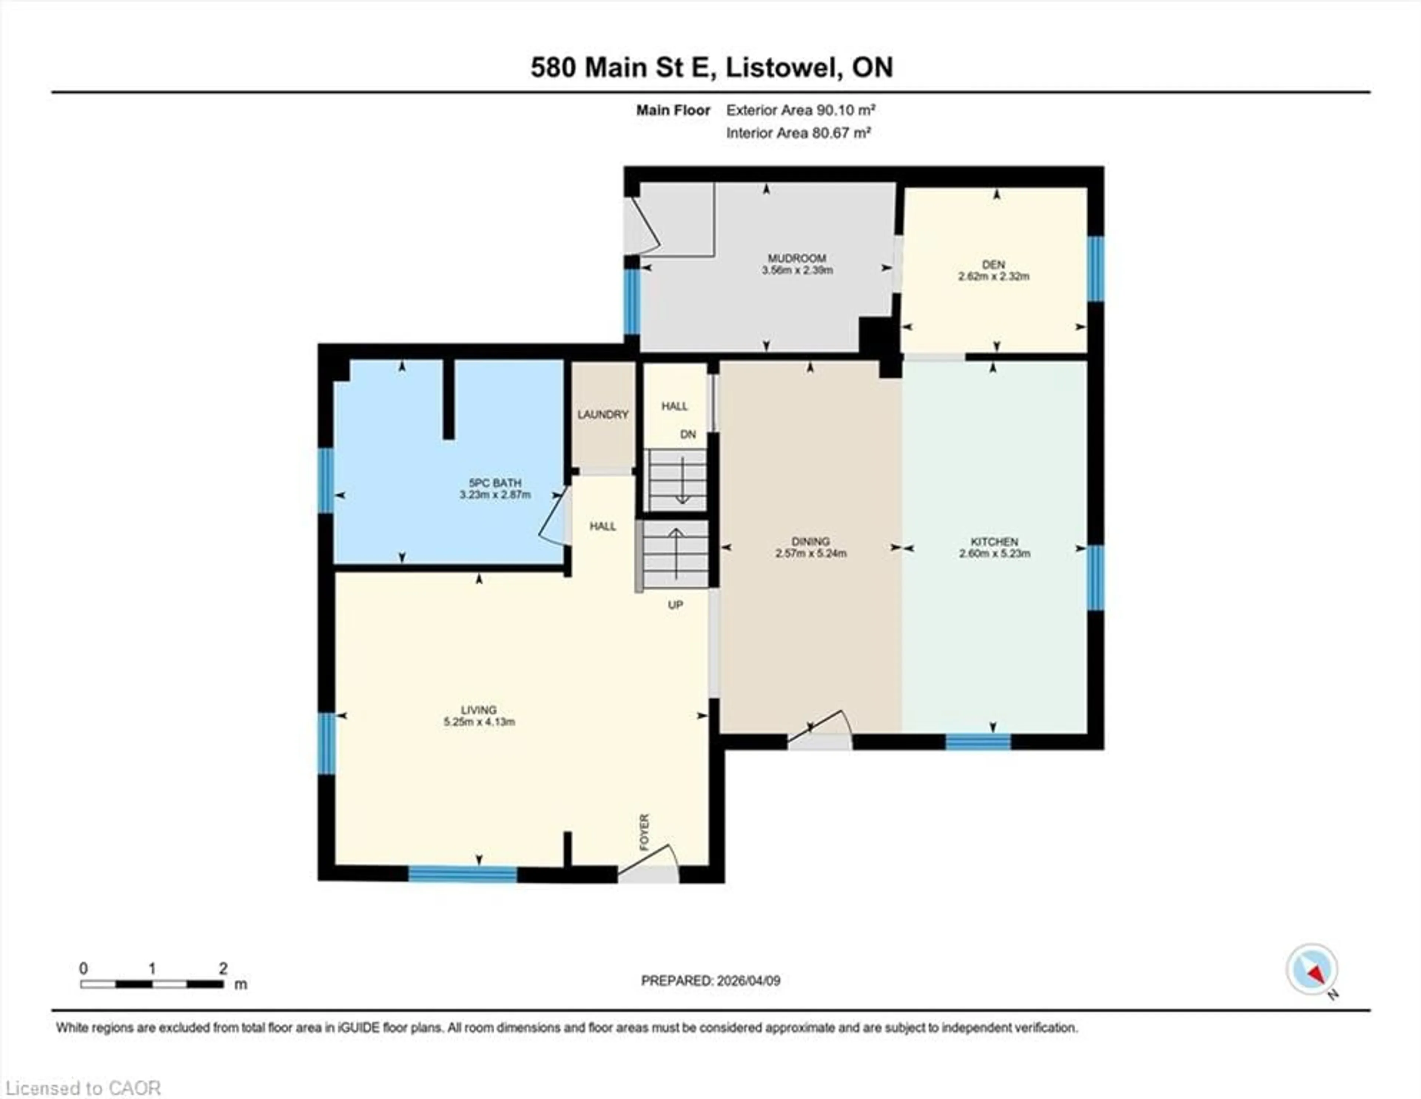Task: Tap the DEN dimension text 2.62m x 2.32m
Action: pos(994,276)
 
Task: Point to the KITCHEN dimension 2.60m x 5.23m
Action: pos(994,554)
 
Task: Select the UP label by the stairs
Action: pos(675,605)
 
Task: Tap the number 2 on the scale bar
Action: pos(223,968)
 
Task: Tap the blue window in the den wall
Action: pos(1096,269)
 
